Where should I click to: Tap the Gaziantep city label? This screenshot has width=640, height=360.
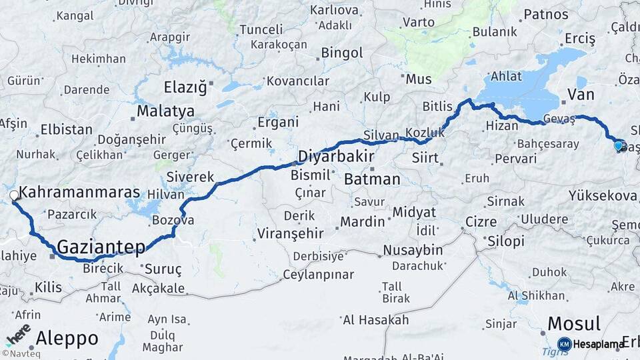[x=101, y=247]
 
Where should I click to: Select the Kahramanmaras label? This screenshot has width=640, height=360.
[x=79, y=193]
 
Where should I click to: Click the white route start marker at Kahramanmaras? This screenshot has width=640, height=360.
[x=14, y=195]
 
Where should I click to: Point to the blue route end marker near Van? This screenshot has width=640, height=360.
[x=619, y=145]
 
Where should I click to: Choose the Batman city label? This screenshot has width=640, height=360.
[x=372, y=179]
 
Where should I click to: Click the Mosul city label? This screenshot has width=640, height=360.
[x=574, y=324]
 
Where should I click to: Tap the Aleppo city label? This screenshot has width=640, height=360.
[x=67, y=338]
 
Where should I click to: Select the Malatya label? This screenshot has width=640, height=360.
[x=165, y=111]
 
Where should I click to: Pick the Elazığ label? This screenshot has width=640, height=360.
[x=186, y=86]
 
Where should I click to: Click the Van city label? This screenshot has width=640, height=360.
[x=580, y=95]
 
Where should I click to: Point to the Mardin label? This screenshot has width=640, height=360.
[x=362, y=221]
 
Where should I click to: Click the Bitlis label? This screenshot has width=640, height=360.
[x=437, y=106]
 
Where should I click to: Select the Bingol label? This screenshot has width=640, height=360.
[x=341, y=52]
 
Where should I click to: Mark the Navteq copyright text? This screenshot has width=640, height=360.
[x=21, y=353]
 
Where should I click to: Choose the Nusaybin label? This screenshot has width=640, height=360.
[x=413, y=250]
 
